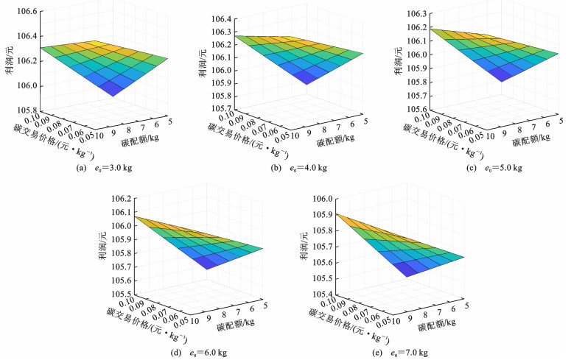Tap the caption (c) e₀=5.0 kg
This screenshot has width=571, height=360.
484,168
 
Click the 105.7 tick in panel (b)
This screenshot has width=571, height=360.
222,108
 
